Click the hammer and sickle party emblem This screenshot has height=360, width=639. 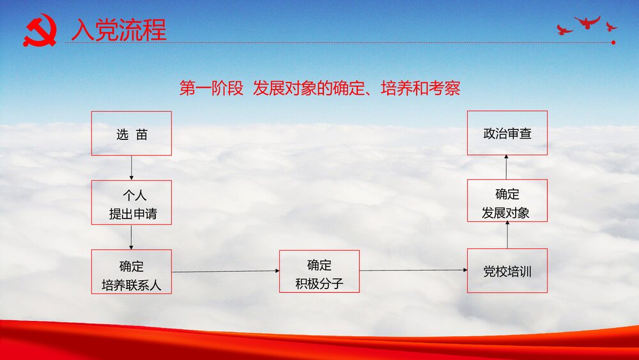click(x=40, y=31)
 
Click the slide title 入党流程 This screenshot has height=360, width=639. click(x=119, y=30)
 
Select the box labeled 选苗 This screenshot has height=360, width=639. click(x=131, y=134)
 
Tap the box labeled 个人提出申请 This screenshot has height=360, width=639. click(x=131, y=205)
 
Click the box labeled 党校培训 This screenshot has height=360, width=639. click(x=507, y=271)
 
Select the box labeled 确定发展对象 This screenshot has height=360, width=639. click(x=507, y=203)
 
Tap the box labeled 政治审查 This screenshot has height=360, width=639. click(x=507, y=134)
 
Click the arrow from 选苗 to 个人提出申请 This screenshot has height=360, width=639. click(x=131, y=168)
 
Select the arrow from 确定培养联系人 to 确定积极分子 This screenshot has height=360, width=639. click(x=226, y=271)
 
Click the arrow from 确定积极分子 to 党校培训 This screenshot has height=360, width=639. click(x=413, y=270)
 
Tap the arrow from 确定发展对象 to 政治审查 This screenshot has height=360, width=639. click(x=507, y=168)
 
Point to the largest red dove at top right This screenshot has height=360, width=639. click(x=587, y=22)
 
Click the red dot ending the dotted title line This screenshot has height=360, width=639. click(x=613, y=43)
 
